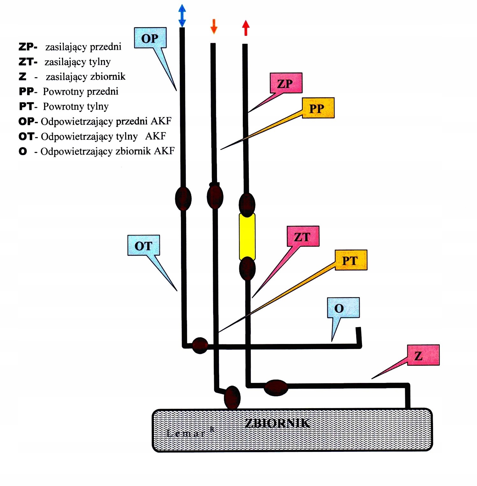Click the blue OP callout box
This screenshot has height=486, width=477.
point(150,38)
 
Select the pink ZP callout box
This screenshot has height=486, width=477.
point(286,83)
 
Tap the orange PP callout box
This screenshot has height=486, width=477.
point(318,108)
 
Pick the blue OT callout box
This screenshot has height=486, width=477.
point(143,245)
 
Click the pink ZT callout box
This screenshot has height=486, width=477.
point(303,236)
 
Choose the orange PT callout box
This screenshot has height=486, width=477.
point(351,260)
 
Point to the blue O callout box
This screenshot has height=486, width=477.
point(343,308)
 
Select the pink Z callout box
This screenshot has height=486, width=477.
point(423,355)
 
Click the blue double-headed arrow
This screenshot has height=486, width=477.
point(182,15)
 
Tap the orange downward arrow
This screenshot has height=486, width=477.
point(213,26)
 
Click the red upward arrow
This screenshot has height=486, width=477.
point(245,28)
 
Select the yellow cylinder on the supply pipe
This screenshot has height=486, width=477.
point(247,236)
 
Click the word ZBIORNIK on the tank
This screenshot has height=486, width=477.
point(277,423)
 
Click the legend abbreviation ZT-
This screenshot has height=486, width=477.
point(28,62)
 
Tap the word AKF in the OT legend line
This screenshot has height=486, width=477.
point(155,136)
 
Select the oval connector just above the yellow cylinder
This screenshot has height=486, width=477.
point(247,204)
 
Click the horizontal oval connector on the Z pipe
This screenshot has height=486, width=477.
point(276,387)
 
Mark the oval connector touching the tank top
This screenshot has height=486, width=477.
point(232,398)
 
